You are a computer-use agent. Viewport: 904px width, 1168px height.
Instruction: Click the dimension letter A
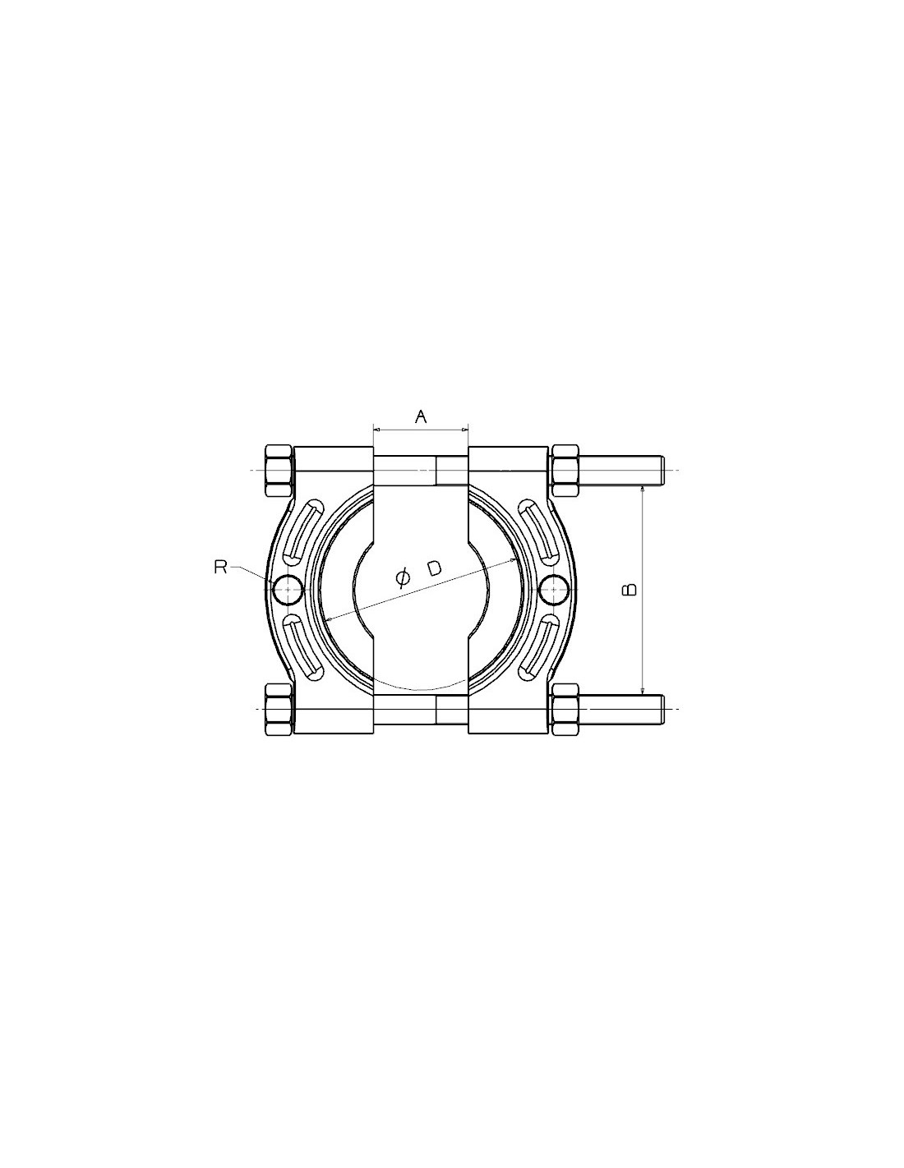(x=421, y=416)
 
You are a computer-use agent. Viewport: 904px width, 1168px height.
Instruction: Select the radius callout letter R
(x=220, y=568)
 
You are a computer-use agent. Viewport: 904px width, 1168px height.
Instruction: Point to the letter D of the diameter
(x=435, y=568)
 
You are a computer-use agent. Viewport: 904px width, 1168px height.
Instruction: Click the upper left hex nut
(x=279, y=471)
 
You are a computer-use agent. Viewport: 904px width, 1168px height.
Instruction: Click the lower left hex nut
(x=279, y=710)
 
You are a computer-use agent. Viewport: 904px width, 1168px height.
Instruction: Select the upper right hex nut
(x=565, y=471)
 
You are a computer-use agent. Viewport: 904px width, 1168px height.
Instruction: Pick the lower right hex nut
(x=565, y=710)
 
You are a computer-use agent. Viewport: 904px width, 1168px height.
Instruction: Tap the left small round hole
(x=288, y=590)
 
